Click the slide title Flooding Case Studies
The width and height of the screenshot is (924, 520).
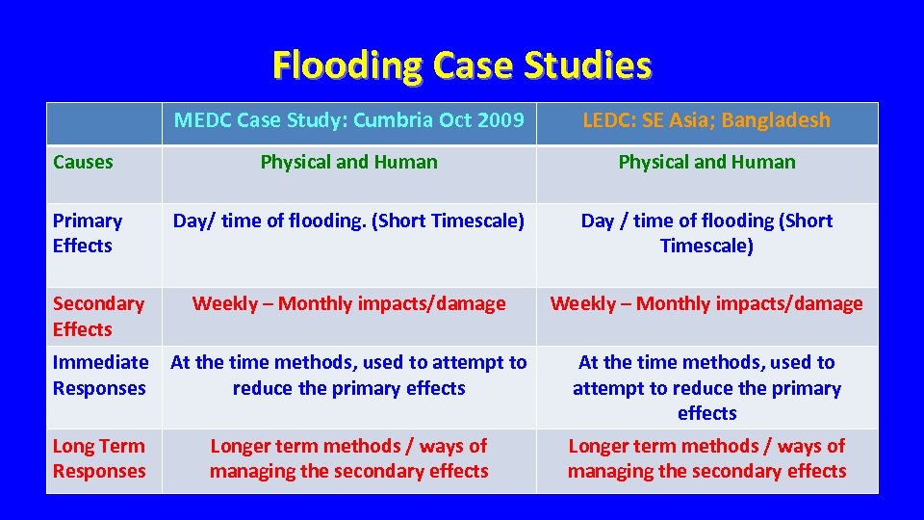pos(462,65)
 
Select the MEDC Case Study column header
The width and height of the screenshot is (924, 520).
pos(348,121)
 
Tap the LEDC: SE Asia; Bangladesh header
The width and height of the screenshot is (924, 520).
pos(706,121)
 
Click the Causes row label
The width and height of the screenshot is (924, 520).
pos(83,162)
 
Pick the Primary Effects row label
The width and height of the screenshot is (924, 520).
pos(88,233)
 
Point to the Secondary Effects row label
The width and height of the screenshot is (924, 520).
pos(98,316)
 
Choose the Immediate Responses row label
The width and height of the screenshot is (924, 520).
pos(100,376)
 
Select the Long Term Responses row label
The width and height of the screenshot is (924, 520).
pos(99,458)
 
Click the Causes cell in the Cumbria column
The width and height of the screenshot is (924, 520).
pos(348,162)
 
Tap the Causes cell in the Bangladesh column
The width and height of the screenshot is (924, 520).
pos(706,162)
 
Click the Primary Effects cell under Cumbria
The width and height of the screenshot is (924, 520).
pos(348,221)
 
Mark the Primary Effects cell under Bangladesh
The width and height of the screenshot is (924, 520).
pos(706,233)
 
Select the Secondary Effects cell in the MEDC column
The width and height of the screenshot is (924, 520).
pos(348,304)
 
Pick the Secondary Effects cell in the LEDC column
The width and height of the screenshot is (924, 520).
pos(706,304)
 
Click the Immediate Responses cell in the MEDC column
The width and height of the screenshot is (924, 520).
pos(348,376)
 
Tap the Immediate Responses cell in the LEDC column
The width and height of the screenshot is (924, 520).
pos(706,387)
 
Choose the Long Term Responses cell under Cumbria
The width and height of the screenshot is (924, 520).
pos(348,458)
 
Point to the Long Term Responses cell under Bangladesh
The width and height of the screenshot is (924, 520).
pos(706,458)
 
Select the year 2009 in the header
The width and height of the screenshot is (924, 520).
pos(500,121)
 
